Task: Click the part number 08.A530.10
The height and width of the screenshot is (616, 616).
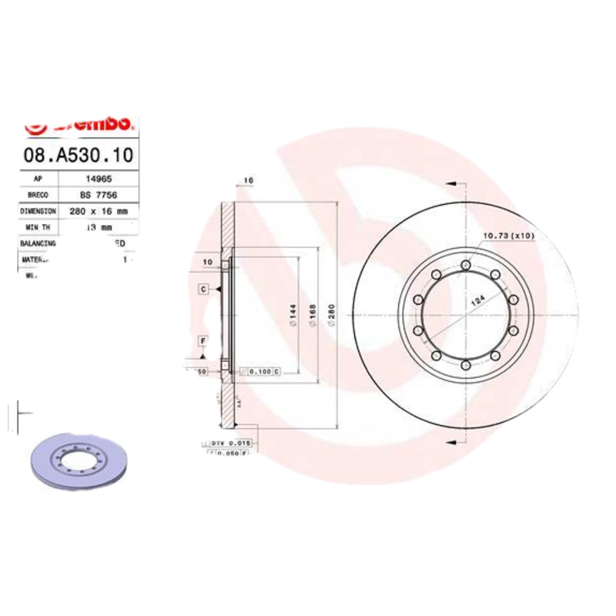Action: (x=79, y=155)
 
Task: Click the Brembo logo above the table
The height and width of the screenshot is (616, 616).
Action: (x=79, y=124)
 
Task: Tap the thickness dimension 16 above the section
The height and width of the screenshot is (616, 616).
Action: (x=248, y=181)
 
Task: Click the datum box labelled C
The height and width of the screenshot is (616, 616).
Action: (x=204, y=289)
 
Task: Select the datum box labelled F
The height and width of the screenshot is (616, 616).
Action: (x=203, y=340)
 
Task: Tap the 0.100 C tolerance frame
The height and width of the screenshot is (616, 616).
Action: (x=259, y=371)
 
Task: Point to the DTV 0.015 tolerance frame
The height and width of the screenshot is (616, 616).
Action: (x=231, y=444)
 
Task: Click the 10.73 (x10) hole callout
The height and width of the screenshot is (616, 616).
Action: (x=507, y=235)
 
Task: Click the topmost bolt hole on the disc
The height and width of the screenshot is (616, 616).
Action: (x=465, y=266)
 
